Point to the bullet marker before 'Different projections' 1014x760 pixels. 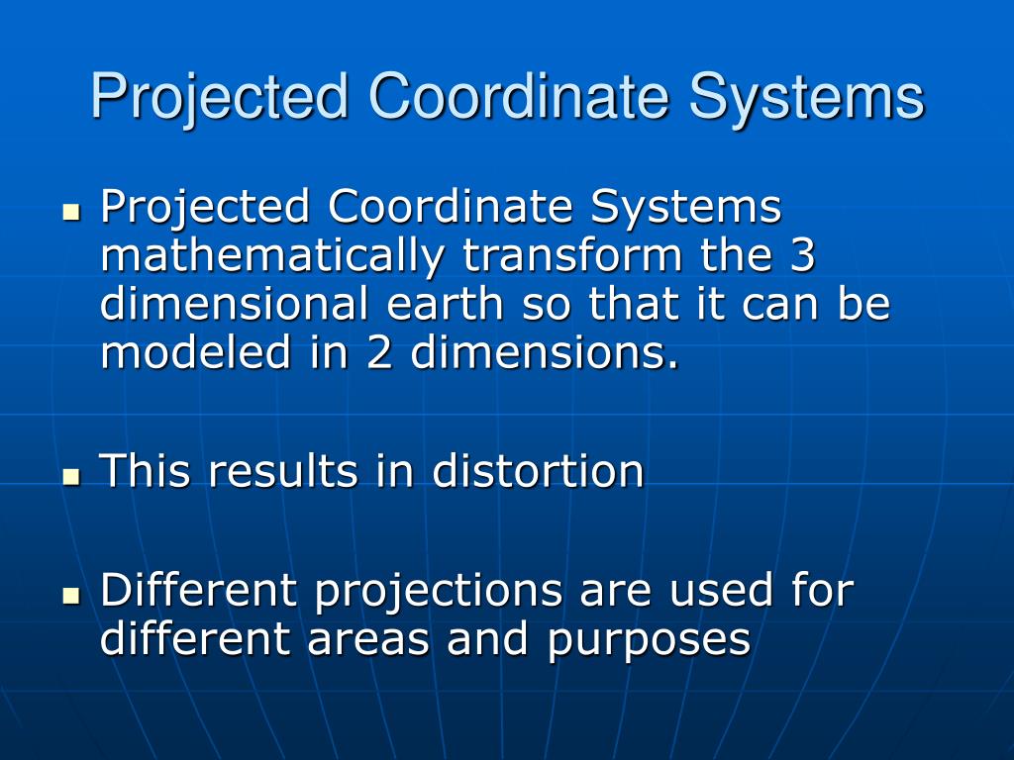pos(70,596)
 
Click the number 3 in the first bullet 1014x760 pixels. pos(802,256)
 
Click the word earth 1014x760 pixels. pos(445,305)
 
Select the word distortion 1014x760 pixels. pos(538,470)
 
